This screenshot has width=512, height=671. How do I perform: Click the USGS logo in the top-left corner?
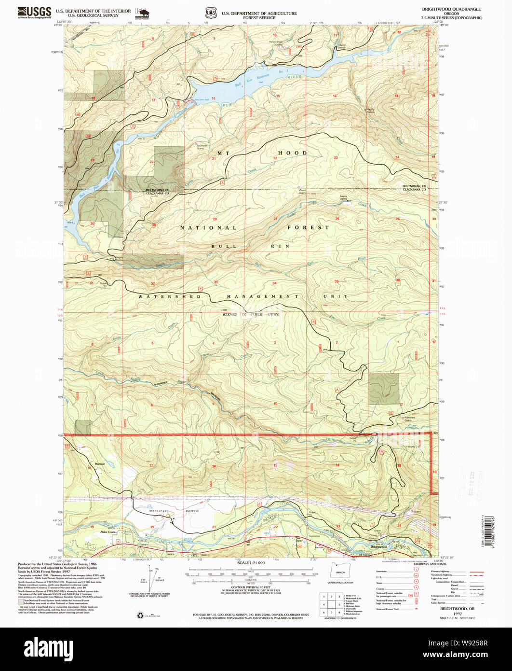(34, 12)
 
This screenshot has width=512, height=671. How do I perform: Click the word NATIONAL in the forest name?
(208, 227)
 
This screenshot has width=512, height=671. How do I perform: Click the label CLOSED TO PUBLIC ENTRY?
(251, 314)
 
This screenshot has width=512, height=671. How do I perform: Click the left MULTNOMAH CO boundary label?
(159, 191)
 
